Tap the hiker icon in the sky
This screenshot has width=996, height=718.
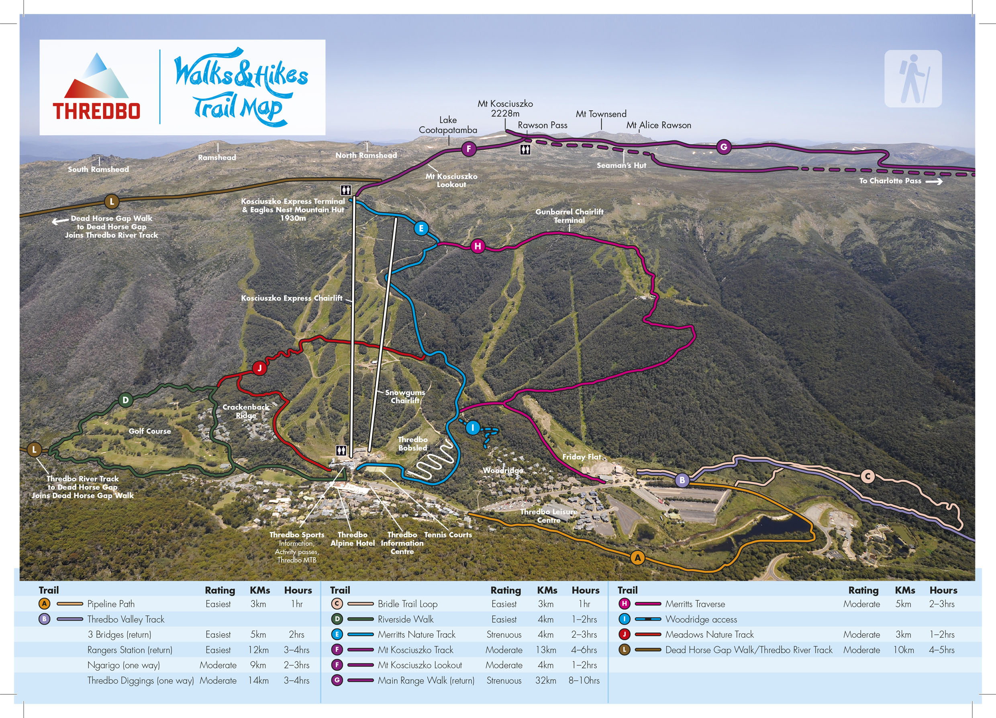point(913,79)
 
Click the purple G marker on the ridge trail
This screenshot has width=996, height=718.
point(724,147)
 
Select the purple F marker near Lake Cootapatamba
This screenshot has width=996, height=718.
point(469,149)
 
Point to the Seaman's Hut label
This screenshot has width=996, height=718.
point(621,165)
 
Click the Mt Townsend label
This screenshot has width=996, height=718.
point(601,114)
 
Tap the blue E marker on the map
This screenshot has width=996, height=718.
point(421,228)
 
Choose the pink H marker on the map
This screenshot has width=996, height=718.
point(478,246)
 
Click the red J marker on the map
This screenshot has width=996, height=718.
point(259,368)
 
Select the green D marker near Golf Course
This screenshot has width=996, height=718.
point(126,400)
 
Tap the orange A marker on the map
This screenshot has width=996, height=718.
point(637,558)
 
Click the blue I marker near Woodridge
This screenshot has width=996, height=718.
point(473,427)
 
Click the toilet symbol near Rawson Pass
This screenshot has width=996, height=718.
point(525,150)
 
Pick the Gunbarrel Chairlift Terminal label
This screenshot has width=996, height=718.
point(569,216)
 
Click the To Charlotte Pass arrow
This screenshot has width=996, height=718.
point(934,182)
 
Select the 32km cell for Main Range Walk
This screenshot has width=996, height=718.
point(545,680)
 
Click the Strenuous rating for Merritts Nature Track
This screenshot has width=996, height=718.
point(504,634)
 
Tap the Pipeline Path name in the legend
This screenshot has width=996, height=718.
point(111,604)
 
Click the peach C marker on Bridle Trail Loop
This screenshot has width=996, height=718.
point(867,476)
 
